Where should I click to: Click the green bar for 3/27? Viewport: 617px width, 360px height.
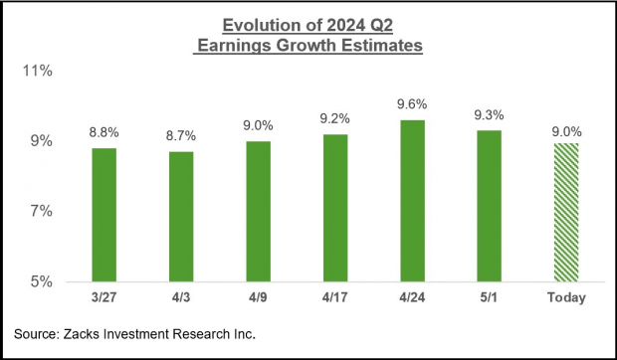tap(104, 214)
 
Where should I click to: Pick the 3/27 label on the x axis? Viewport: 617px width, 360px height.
tap(104, 297)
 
